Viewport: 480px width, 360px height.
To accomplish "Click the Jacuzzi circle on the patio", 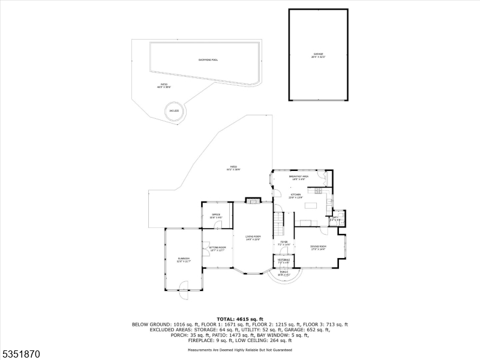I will click(x=175, y=111).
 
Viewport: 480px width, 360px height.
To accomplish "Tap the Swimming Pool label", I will click(x=208, y=60).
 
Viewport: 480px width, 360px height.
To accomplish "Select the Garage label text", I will click(x=317, y=55).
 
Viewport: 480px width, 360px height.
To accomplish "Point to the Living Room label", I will click(x=253, y=238).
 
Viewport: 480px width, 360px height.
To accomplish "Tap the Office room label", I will click(x=216, y=215).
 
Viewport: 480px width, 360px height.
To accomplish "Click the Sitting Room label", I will click(x=217, y=248).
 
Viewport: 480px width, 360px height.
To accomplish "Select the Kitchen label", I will click(x=296, y=196).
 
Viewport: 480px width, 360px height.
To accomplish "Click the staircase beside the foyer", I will click(x=279, y=226).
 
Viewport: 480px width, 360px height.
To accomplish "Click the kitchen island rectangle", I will click(x=311, y=206).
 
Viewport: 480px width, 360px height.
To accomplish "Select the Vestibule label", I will click(x=283, y=261).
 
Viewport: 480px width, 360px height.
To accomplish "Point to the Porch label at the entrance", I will click(x=284, y=274).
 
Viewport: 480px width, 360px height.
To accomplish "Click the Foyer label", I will click(x=284, y=244).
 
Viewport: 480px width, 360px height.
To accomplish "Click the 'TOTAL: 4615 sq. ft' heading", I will click(x=239, y=319).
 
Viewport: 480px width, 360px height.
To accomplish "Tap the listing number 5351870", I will click(x=22, y=354).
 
